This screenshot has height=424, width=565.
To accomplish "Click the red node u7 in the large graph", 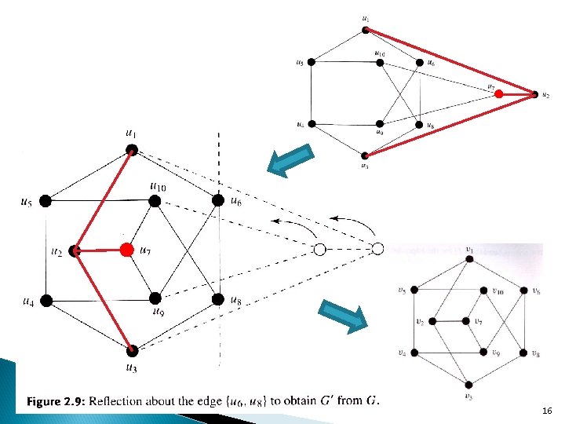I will click(x=126, y=250).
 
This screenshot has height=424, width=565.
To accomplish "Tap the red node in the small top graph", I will click(x=498, y=94).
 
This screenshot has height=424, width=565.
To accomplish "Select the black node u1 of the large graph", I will click(x=132, y=148).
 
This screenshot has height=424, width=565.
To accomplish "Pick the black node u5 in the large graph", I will click(x=46, y=200).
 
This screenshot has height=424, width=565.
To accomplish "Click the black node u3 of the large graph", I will click(x=132, y=350).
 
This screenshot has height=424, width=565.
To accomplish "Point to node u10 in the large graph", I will click(x=155, y=201).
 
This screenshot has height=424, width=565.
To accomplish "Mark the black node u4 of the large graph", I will click(x=46, y=300).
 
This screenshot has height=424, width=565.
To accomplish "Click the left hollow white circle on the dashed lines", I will click(x=319, y=250).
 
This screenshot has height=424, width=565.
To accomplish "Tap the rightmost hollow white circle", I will click(x=377, y=249).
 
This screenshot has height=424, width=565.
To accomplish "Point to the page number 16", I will click(x=547, y=411).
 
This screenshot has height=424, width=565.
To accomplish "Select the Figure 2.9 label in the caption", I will click(x=56, y=402).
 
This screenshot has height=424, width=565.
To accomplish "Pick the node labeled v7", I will click(x=470, y=321).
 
